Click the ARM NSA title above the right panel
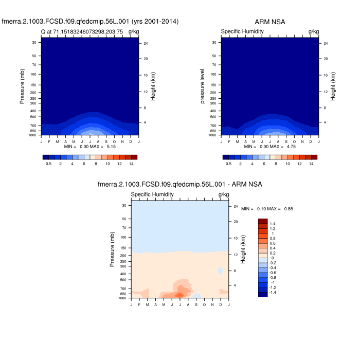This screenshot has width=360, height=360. [x=270, y=22]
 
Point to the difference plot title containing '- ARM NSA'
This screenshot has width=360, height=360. [x=180, y=184]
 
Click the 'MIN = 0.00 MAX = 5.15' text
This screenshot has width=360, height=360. [x=91, y=147]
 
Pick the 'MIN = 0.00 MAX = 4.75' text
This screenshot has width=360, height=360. [x=270, y=147]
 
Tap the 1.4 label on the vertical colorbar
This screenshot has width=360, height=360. [x=273, y=224]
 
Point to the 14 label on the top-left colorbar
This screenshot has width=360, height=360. [x=131, y=163]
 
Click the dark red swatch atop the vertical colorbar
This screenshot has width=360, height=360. [x=263, y=221]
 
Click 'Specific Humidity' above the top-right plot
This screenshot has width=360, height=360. [x=242, y=32]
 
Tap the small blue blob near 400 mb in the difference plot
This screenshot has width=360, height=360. [x=220, y=271]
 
